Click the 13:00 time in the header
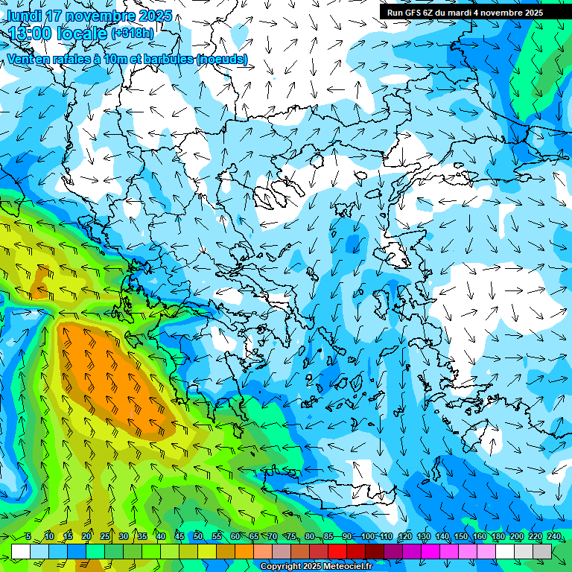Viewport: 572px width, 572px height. pyautogui.click(x=31, y=34)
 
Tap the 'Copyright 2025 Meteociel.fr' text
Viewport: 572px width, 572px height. pyautogui.click(x=316, y=567)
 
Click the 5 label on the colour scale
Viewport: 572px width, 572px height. pyautogui.click(x=28, y=537)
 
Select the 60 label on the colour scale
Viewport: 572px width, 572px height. pyautogui.click(x=235, y=537)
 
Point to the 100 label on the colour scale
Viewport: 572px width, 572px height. pyautogui.click(x=367, y=537)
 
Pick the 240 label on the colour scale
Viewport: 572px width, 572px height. pyautogui.click(x=553, y=537)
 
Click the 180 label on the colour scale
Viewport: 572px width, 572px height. pyautogui.click(x=498, y=537)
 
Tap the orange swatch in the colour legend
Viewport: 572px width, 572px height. pyautogui.click(x=244, y=551)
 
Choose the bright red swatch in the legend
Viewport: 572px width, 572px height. pyautogui.click(x=337, y=551)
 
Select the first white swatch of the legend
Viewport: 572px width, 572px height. pyautogui.click(x=21, y=551)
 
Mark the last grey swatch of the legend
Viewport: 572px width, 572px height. pyautogui.click(x=542, y=551)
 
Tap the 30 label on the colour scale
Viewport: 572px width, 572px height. pyautogui.click(x=123, y=537)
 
